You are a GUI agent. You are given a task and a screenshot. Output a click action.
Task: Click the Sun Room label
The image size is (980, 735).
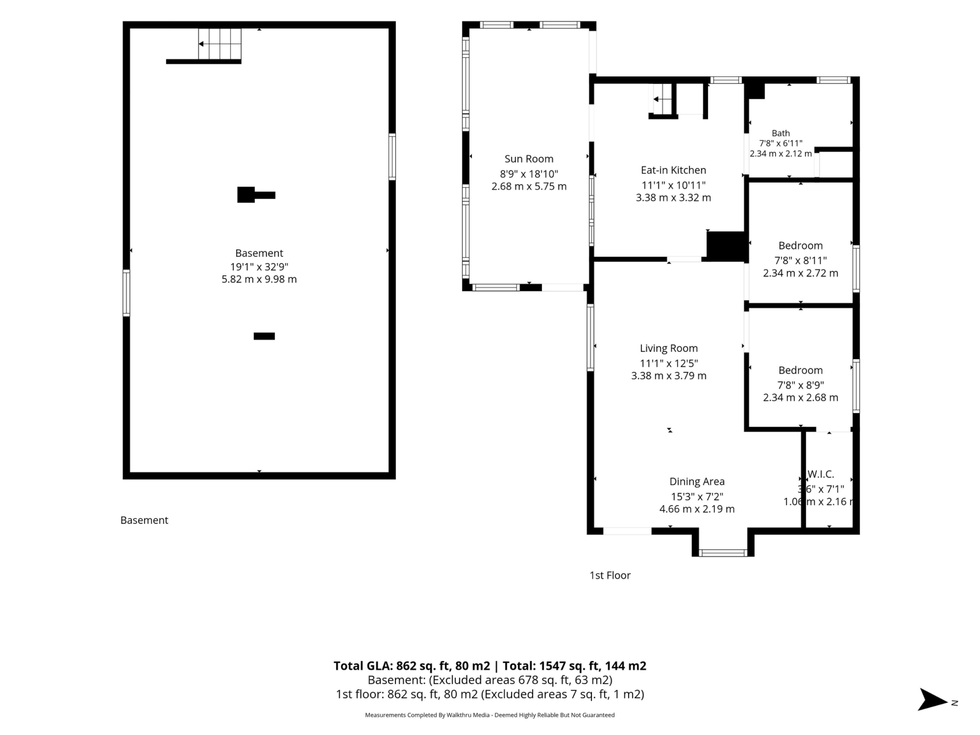[529, 158]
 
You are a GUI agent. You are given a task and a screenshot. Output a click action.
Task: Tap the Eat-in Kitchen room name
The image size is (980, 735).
[673, 170]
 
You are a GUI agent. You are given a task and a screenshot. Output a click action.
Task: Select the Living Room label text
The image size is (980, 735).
[669, 348]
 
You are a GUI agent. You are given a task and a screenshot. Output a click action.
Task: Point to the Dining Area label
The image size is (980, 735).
[697, 482]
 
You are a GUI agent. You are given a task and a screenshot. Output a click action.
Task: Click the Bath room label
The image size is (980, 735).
[781, 133]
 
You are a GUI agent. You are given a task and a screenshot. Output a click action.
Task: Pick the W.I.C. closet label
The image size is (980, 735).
[820, 474]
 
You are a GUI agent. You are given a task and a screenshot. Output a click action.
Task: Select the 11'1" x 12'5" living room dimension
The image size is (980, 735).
[669, 363]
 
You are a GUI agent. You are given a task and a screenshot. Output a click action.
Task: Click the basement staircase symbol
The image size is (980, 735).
[220, 44]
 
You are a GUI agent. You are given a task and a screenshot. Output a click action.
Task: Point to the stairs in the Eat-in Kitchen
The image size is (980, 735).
[662, 99]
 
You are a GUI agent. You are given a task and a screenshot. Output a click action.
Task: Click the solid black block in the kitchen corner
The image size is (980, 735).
[725, 246]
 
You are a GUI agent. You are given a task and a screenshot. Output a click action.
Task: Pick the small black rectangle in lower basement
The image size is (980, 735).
[264, 336]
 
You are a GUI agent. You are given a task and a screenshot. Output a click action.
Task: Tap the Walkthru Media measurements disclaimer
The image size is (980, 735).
[489, 715]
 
